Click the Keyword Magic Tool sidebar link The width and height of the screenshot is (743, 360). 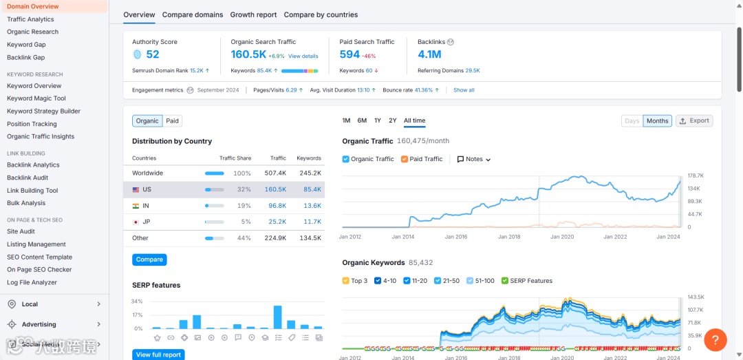(x=36, y=98)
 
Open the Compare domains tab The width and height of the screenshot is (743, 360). (x=193, y=14)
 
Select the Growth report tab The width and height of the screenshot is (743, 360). (x=253, y=14)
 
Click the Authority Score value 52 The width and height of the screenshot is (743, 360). (x=152, y=54)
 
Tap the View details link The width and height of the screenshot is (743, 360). (x=303, y=56)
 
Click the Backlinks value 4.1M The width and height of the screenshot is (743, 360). (x=429, y=54)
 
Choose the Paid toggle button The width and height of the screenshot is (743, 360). (x=173, y=121)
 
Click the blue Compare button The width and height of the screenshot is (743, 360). (x=149, y=260)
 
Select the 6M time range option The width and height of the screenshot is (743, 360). (x=362, y=120)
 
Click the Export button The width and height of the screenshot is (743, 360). (x=694, y=120)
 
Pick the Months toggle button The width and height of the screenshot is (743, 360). (x=657, y=121)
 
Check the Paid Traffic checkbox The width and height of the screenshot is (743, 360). (x=405, y=159)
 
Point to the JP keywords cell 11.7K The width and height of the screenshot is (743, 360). (x=312, y=222)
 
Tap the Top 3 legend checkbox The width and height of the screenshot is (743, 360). (x=346, y=281)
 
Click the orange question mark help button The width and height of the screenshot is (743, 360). (x=715, y=339)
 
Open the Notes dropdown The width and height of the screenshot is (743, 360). (x=474, y=159)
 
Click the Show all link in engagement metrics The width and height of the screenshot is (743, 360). (x=464, y=90)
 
